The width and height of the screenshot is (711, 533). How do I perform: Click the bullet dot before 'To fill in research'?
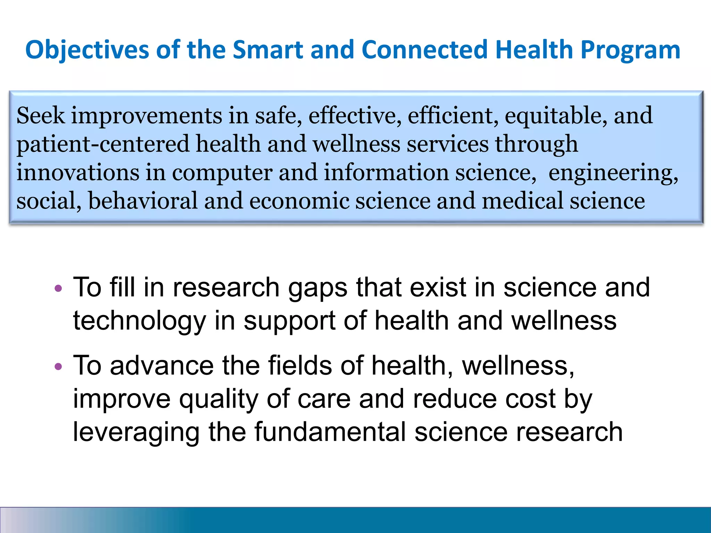pyautogui.click(x=59, y=288)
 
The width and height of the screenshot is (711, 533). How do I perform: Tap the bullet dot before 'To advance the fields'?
pyautogui.click(x=59, y=366)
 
